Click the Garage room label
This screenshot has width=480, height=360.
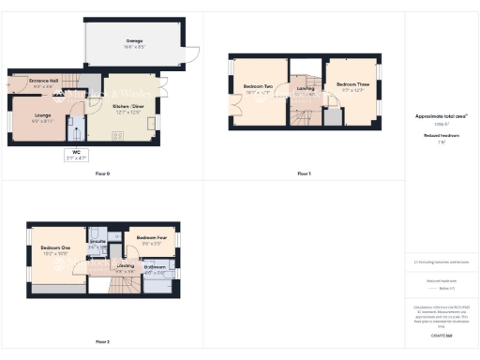click(x=135, y=40)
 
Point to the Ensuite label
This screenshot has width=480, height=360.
click(x=97, y=242)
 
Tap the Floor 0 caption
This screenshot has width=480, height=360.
click(x=102, y=174)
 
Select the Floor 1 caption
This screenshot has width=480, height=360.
click(x=304, y=174)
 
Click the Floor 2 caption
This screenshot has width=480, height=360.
click(x=102, y=341)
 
